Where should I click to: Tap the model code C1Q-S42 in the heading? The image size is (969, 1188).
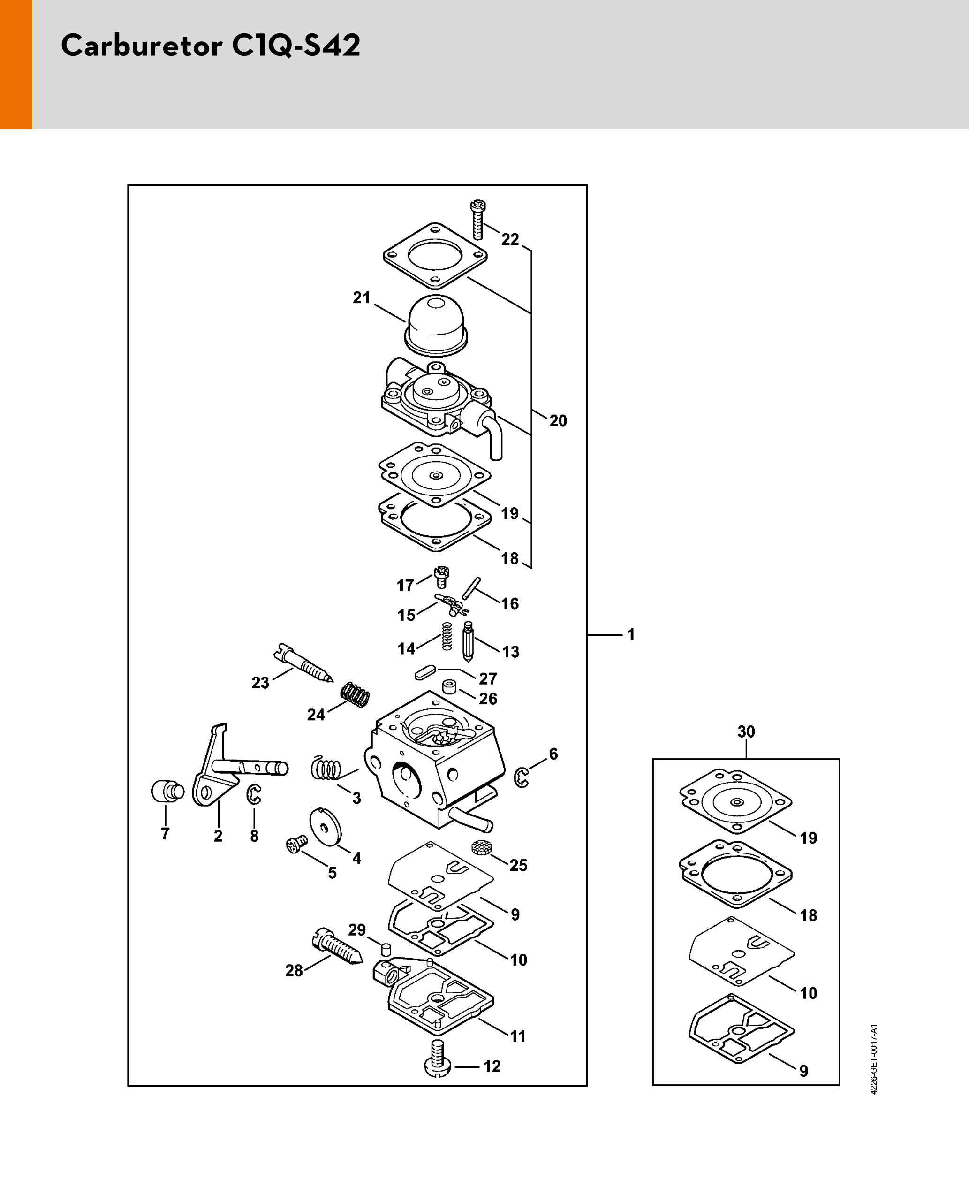[296, 46]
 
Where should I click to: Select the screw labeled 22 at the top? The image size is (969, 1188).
[478, 220]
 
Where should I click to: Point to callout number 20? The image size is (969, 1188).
[558, 420]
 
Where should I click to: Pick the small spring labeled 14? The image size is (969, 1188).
[447, 636]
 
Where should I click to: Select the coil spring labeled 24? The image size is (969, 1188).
[355, 695]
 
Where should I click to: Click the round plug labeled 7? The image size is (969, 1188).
[167, 791]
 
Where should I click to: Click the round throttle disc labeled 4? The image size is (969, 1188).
[325, 834]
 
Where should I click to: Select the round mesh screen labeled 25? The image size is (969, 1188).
[481, 847]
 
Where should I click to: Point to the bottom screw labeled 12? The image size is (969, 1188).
[438, 1058]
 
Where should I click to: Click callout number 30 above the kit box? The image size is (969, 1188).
[746, 731]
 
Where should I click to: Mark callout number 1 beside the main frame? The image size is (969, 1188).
[631, 634]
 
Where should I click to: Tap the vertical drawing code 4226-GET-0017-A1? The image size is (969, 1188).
[873, 1059]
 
